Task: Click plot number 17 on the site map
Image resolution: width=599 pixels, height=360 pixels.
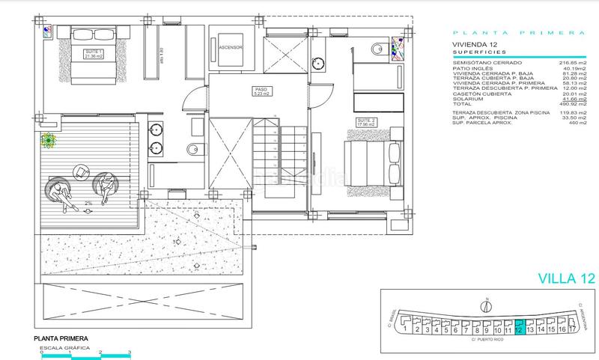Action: point(573,328)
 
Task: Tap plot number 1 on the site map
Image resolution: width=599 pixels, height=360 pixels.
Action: point(404,328)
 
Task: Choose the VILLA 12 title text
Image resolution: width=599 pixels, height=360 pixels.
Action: point(566,278)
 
